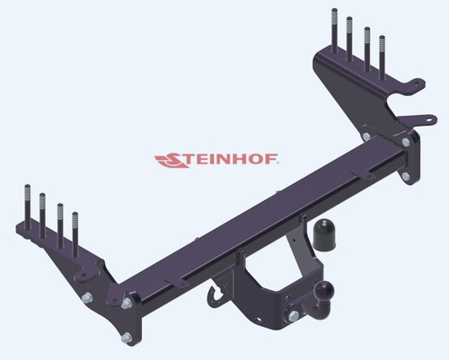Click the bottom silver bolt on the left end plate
point(125,338)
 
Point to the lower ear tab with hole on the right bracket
point(416,118)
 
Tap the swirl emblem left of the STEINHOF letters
point(170,162)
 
